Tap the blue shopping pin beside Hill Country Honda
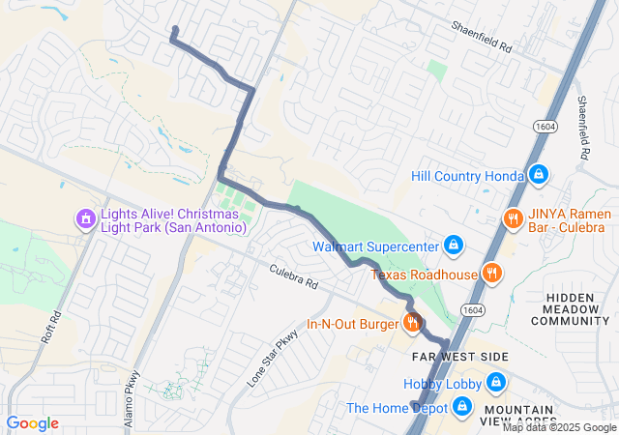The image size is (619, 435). (539, 175)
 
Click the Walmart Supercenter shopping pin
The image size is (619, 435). (452, 246)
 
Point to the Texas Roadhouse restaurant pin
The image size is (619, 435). (492, 274)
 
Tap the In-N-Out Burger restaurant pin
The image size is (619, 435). (412, 323)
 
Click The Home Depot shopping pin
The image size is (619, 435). (462, 407)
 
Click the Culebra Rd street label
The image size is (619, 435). (293, 280)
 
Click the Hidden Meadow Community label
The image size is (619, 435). (577, 309)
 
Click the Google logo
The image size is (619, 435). (32, 423)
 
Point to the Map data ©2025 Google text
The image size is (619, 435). (559, 428)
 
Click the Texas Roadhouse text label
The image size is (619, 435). (425, 275)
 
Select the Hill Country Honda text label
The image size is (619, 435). (465, 176)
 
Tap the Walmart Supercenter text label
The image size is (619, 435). (375, 246)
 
